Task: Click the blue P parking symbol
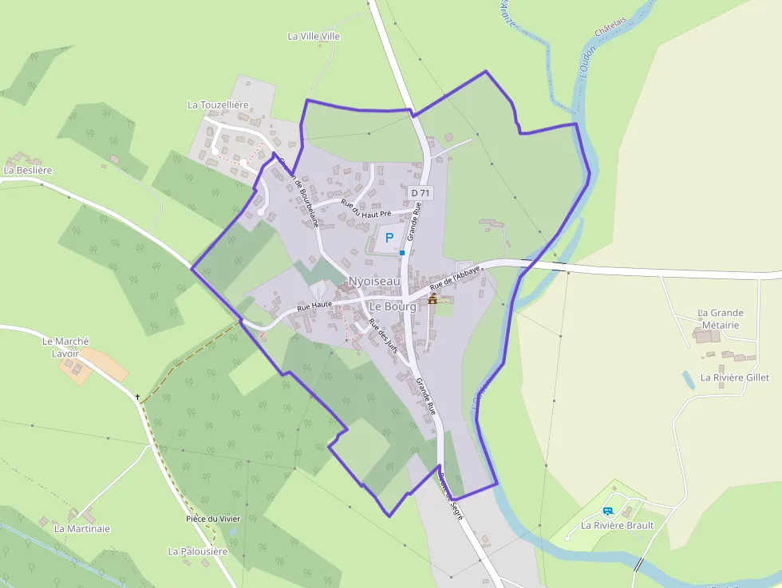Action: pyautogui.click(x=389, y=237)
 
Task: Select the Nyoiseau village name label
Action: pyautogui.click(x=374, y=281)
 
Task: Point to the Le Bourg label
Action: pyautogui.click(x=392, y=306)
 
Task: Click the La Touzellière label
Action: pyautogui.click(x=218, y=105)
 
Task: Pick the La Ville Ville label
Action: pyautogui.click(x=314, y=36)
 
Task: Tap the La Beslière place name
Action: pyautogui.click(x=28, y=170)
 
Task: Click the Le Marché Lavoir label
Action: pyautogui.click(x=65, y=347)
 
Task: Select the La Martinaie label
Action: pyautogui.click(x=82, y=528)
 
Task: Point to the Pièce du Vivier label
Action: pyautogui.click(x=212, y=519)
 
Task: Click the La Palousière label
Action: pyautogui.click(x=198, y=551)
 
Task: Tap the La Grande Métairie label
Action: pyautogui.click(x=721, y=319)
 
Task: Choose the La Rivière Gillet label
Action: pyautogui.click(x=735, y=377)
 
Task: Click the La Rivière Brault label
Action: pyautogui.click(x=618, y=526)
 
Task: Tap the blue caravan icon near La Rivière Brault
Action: pyautogui.click(x=608, y=511)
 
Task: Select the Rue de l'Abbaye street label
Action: pyautogui.click(x=455, y=278)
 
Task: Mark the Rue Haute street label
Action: pyautogui.click(x=314, y=306)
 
